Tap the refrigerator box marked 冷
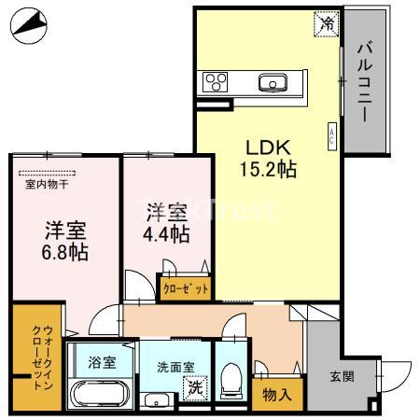click(326, 20)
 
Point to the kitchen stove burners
click(215, 81)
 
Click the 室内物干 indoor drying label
click(44, 185)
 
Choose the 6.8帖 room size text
click(65, 251)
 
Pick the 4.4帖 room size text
click(168, 233)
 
